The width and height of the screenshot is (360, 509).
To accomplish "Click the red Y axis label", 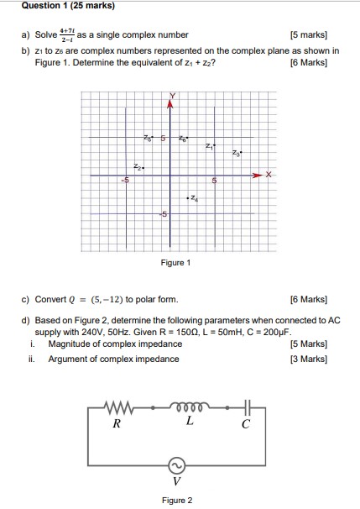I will click(x=173, y=94).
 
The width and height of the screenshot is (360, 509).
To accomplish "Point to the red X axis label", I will click(x=268, y=175).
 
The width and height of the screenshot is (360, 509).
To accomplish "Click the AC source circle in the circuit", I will click(x=176, y=466).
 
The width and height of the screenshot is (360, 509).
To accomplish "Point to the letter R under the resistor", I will click(x=117, y=424).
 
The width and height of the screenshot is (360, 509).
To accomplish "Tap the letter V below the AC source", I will click(x=176, y=482).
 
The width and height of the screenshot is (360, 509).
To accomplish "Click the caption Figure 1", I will click(x=176, y=263).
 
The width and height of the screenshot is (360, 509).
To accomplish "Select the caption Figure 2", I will click(x=177, y=501).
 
